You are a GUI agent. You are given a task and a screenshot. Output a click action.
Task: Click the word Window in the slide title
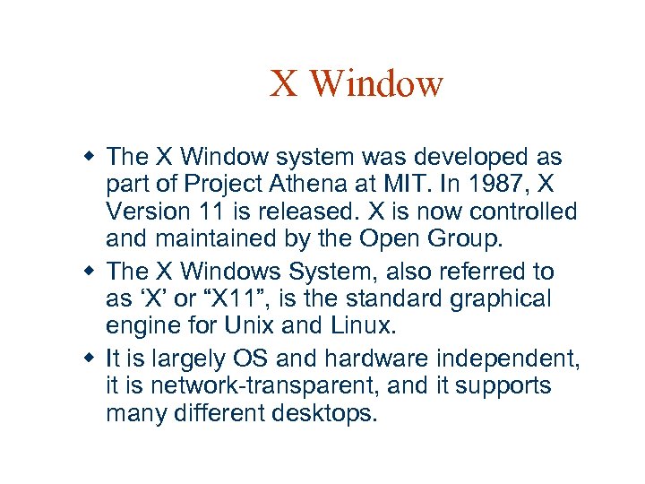click(379, 84)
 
